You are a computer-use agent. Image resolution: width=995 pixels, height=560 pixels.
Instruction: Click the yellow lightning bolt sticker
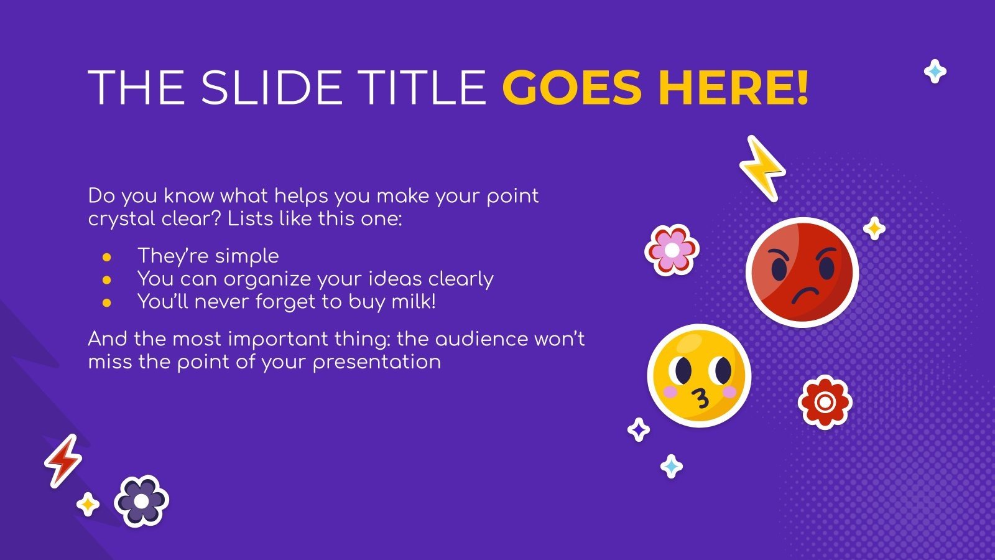[762, 168]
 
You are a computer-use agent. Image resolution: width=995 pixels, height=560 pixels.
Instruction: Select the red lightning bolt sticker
[63, 461]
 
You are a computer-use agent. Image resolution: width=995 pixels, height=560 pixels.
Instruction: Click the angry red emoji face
[802, 272]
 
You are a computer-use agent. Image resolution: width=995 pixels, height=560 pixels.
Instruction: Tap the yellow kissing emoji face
[700, 376]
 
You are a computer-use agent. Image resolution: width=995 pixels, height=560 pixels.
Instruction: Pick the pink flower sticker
[672, 250]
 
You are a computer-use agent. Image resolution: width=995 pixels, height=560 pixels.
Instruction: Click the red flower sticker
[825, 402]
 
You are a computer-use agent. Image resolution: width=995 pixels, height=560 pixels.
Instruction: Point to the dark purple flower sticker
[142, 501]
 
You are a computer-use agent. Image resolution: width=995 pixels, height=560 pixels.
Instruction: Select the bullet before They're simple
[107, 257]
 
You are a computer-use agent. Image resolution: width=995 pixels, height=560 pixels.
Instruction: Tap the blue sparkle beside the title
[935, 72]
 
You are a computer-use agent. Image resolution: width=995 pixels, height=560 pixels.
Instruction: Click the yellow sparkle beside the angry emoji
[874, 228]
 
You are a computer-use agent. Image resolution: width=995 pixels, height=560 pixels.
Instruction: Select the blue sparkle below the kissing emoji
[671, 466]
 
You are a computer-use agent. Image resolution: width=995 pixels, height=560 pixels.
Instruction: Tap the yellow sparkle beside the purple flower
[88, 504]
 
